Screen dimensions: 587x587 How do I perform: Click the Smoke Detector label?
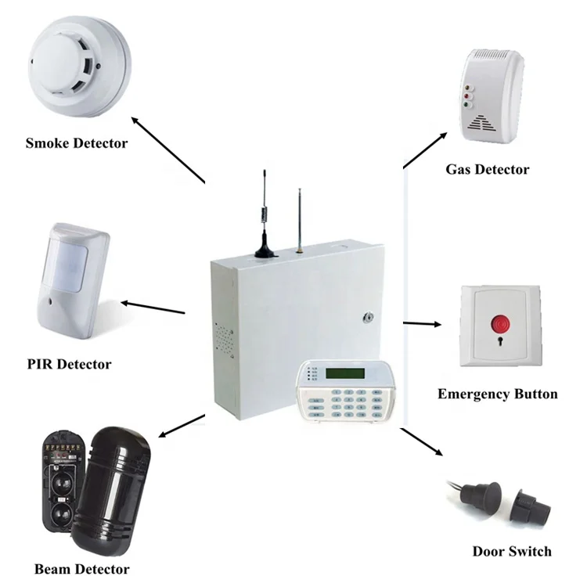(x=76, y=143)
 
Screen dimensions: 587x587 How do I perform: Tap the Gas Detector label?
(x=487, y=169)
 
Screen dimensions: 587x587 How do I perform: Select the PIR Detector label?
(x=70, y=364)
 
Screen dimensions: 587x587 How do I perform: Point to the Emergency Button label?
(x=497, y=394)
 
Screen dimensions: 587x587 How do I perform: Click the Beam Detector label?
(x=81, y=569)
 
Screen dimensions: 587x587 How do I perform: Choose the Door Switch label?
(x=512, y=551)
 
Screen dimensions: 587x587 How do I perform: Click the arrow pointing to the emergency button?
(x=423, y=322)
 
